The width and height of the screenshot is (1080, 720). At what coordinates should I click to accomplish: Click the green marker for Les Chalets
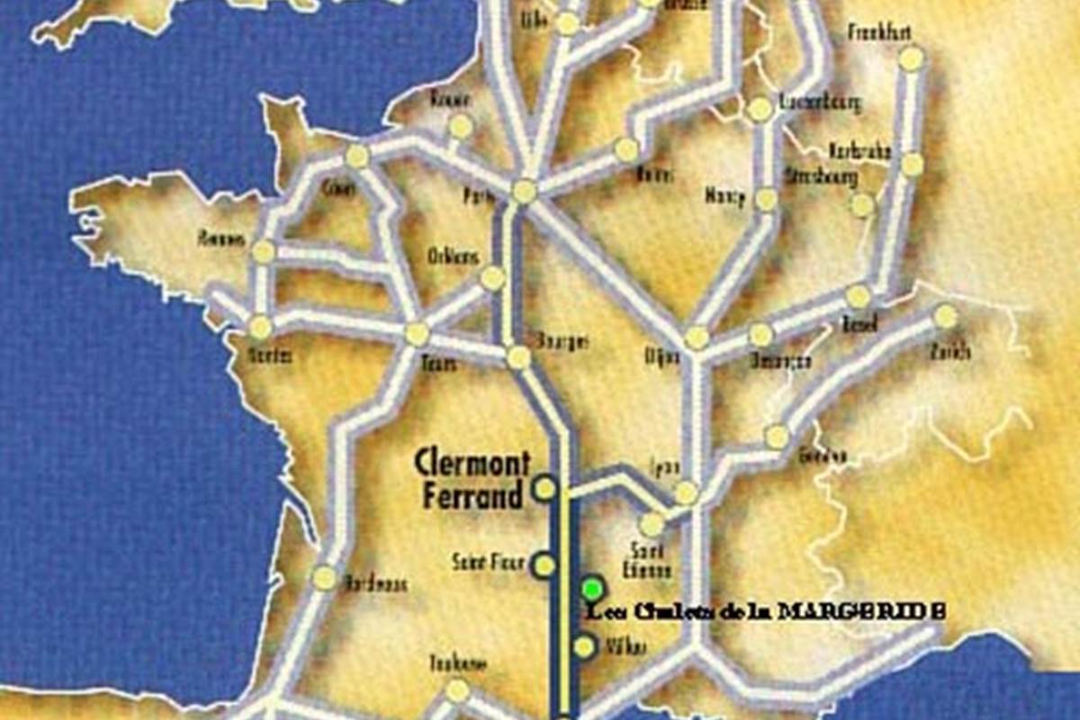tap(591, 589)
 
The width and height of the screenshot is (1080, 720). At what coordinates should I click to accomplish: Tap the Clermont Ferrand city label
tap(472, 480)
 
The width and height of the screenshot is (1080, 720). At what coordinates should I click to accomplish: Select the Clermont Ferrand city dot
tap(544, 489)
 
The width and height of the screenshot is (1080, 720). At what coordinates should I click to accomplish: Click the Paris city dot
tap(524, 191)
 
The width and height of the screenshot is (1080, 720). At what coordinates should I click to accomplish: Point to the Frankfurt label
tap(879, 33)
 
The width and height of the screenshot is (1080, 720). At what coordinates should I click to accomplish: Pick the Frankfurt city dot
tap(911, 58)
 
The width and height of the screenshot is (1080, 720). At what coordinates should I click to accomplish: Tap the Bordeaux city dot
tap(324, 578)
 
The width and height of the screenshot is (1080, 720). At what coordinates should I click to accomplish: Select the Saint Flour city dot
tap(544, 565)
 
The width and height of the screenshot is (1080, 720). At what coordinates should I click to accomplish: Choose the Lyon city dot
tap(686, 493)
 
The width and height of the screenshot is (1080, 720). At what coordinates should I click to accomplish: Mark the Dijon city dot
tap(697, 337)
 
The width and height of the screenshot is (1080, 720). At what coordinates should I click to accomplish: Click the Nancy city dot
tap(766, 199)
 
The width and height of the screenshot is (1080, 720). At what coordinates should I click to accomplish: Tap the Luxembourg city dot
tap(760, 109)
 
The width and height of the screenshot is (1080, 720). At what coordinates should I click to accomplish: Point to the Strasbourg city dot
tap(862, 205)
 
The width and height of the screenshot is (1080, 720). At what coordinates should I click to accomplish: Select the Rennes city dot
tap(263, 252)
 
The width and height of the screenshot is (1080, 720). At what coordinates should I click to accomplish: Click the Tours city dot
tap(417, 335)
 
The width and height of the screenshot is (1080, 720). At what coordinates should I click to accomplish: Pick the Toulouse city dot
tap(458, 690)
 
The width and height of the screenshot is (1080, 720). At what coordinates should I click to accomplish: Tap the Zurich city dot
tap(944, 317)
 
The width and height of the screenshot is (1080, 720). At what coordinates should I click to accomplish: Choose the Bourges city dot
tap(518, 357)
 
